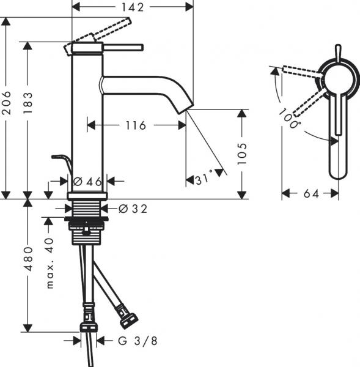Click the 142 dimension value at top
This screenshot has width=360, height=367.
(x=132, y=7)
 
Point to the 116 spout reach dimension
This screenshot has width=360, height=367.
(x=135, y=125)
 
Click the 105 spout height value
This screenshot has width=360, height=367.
(x=243, y=154)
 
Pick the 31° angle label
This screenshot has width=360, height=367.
(x=207, y=179)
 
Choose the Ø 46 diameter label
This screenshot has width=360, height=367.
(x=86, y=181)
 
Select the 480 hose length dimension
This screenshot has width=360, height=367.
(x=29, y=263)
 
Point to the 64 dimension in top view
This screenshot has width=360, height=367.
(x=310, y=194)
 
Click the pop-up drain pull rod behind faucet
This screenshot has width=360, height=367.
(x=62, y=160)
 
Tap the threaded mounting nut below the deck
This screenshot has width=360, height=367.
(x=87, y=229)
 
